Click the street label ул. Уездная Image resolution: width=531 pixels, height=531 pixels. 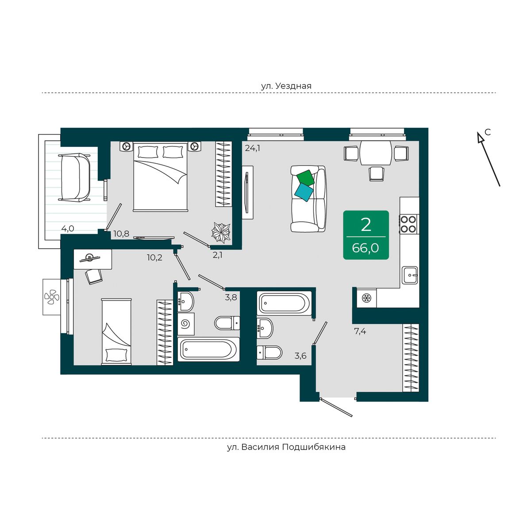point(286,86)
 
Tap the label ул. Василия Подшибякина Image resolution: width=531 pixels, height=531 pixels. point(286,446)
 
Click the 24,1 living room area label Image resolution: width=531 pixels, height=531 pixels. point(252,148)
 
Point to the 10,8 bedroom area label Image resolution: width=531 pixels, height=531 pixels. point(121,234)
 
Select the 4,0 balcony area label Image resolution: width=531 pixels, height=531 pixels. point(68,228)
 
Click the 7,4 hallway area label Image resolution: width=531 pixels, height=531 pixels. point(360,331)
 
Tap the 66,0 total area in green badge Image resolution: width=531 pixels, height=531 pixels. point(366,248)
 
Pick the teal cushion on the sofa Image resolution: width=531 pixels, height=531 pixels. point(304,192)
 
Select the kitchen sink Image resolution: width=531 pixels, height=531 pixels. point(409,275)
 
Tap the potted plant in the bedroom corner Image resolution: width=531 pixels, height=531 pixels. point(221,233)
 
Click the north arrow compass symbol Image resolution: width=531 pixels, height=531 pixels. point(489,159)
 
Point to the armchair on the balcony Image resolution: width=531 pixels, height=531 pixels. point(75,177)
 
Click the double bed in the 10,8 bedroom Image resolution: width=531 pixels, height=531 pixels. point(160,177)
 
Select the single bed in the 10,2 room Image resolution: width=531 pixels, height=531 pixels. point(116,331)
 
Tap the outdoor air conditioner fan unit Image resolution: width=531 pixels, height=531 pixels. point(51,297)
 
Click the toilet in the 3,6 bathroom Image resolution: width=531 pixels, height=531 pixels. point(269,352)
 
